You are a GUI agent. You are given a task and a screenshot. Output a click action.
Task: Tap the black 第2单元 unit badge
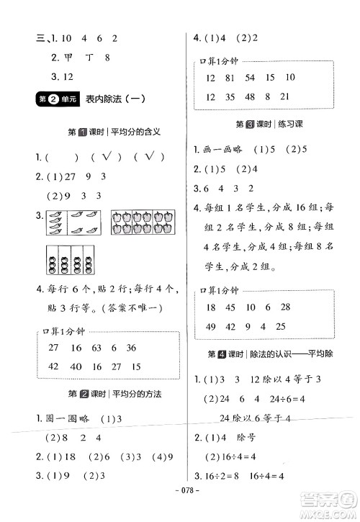point(55,101)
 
